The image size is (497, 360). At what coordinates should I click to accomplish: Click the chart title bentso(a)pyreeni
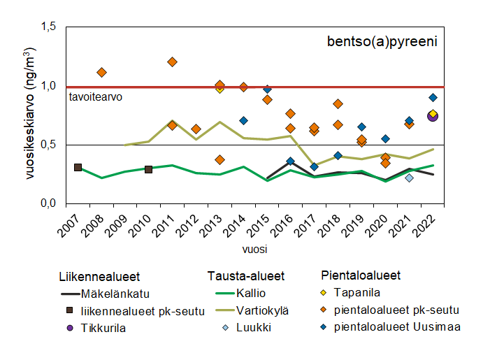click(382, 42)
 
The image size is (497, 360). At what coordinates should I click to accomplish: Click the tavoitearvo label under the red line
click(96, 97)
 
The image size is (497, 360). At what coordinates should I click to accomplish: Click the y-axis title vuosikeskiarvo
click(31, 115)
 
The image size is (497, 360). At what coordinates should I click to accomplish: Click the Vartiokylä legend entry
click(262, 310)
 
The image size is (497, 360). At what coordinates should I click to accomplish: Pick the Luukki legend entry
click(253, 329)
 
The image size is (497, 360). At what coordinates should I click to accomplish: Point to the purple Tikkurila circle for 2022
click(433, 116)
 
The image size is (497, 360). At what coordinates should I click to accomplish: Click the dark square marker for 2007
click(78, 168)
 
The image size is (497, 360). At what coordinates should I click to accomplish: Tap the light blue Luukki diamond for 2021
click(409, 178)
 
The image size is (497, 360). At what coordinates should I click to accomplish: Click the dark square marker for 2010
click(148, 169)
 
